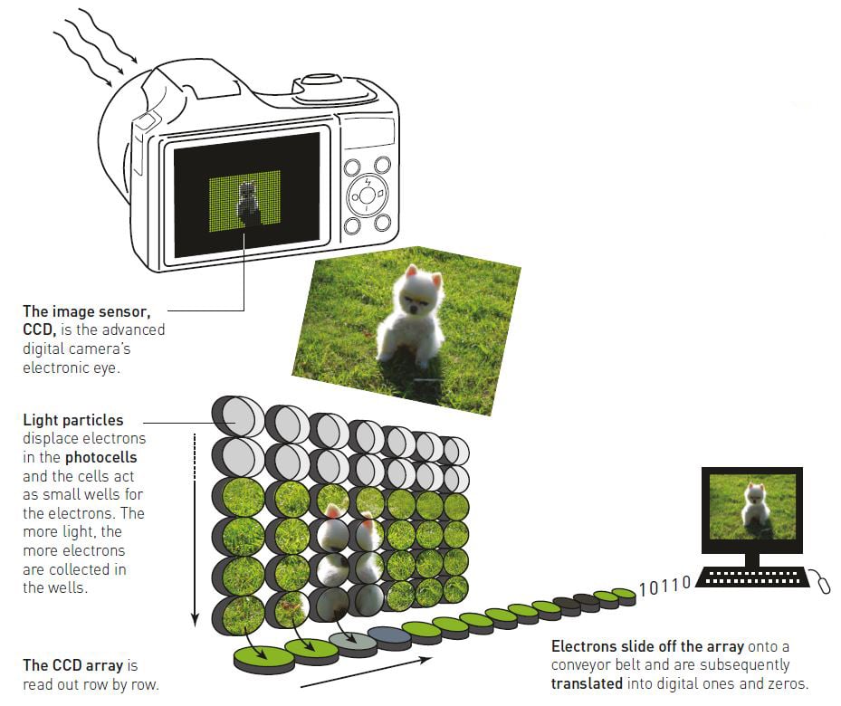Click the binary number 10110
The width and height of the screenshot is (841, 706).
664,586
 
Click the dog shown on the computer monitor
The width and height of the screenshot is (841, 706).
754,506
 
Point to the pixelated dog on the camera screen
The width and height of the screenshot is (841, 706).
247,202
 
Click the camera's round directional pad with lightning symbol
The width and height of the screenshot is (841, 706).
367,194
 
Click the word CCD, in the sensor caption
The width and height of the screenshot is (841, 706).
41,329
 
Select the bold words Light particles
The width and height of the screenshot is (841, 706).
73,420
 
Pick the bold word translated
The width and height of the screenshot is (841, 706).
587,683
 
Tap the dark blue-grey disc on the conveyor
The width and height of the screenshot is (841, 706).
390,637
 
